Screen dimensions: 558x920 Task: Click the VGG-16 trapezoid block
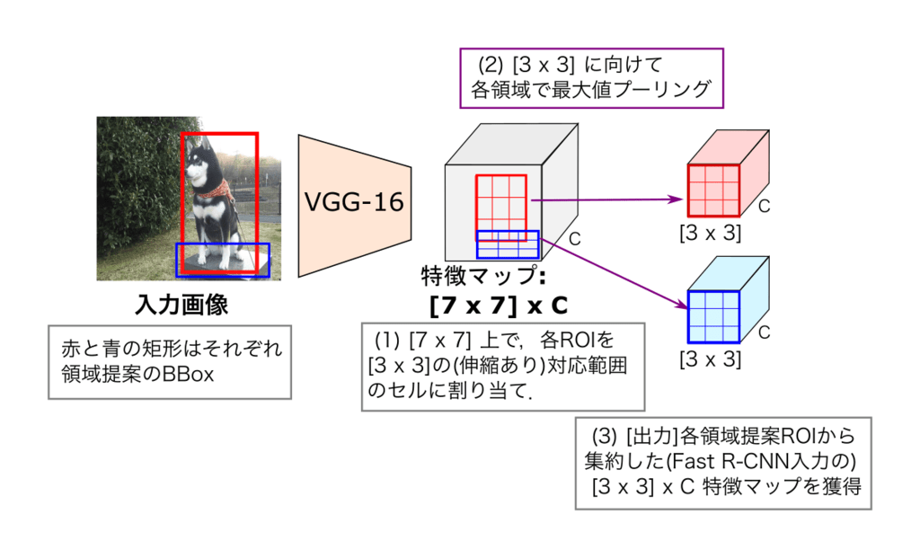[354, 203]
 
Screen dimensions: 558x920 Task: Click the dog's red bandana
[217, 190]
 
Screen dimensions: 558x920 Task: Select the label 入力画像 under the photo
[181, 306]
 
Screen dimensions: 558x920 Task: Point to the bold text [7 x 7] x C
[499, 306]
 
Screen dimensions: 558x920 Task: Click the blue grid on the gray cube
[508, 245]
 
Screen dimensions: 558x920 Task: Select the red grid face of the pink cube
[714, 190]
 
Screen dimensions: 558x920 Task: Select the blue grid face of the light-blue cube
[714, 317]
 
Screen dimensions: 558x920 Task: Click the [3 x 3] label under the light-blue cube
[710, 360]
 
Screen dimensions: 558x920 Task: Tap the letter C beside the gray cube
[575, 241]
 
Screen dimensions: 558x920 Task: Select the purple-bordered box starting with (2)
[590, 77]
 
